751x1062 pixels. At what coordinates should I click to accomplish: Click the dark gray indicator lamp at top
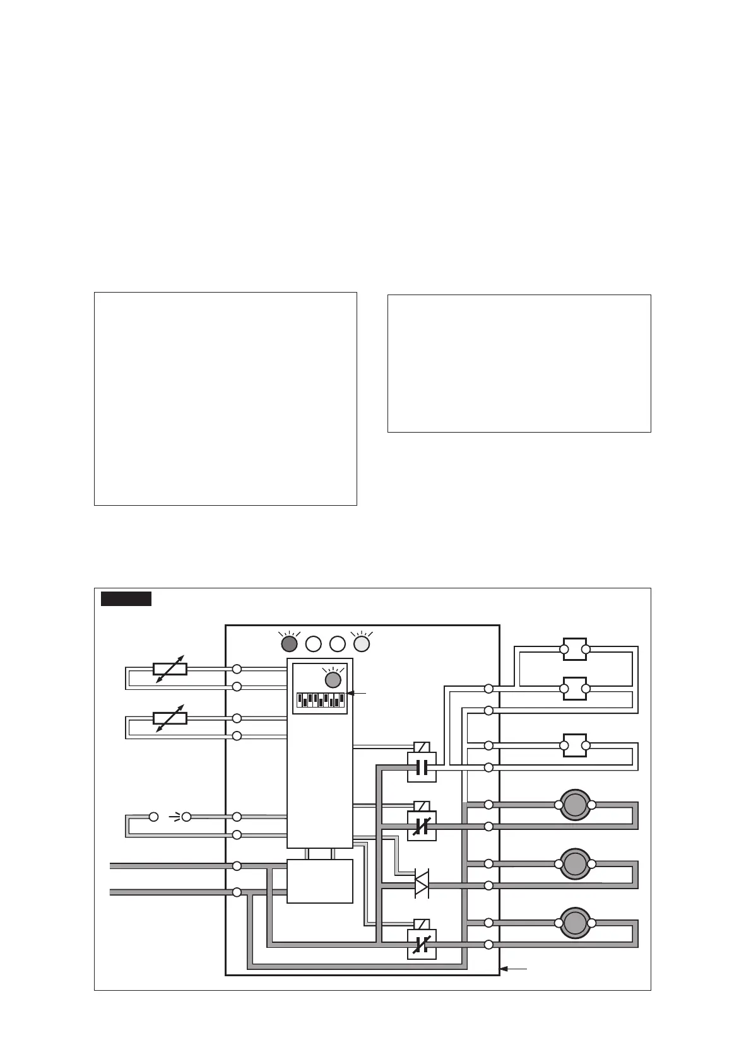(x=289, y=644)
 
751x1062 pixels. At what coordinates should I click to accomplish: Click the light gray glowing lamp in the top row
(x=362, y=644)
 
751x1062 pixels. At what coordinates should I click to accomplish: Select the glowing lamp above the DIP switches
(x=333, y=680)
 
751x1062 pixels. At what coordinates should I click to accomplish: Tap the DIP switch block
(x=321, y=699)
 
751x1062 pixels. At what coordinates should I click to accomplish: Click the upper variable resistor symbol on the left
(x=170, y=669)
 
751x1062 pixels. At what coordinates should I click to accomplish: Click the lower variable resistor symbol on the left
(x=170, y=718)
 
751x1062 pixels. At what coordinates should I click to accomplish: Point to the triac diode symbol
(x=422, y=884)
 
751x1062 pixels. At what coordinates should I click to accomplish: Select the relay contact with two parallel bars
(x=422, y=767)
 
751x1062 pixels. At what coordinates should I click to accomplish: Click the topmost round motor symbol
(x=575, y=805)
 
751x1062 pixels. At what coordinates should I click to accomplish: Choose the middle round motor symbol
(x=575, y=863)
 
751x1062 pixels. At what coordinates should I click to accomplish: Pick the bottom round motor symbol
(x=575, y=923)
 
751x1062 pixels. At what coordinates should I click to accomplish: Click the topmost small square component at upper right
(x=575, y=649)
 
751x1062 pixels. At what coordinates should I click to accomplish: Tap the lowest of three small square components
(x=575, y=745)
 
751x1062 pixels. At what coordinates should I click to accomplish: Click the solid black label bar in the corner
(x=126, y=598)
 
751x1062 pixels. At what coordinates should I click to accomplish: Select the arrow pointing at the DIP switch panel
(x=357, y=693)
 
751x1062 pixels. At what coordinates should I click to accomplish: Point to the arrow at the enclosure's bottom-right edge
(x=513, y=968)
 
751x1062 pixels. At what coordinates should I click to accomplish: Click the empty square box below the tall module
(x=320, y=881)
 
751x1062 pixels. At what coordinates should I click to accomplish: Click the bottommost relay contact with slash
(x=422, y=944)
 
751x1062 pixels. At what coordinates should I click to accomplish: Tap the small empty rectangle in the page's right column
(x=519, y=363)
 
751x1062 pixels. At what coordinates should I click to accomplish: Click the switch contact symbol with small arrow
(x=170, y=817)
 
